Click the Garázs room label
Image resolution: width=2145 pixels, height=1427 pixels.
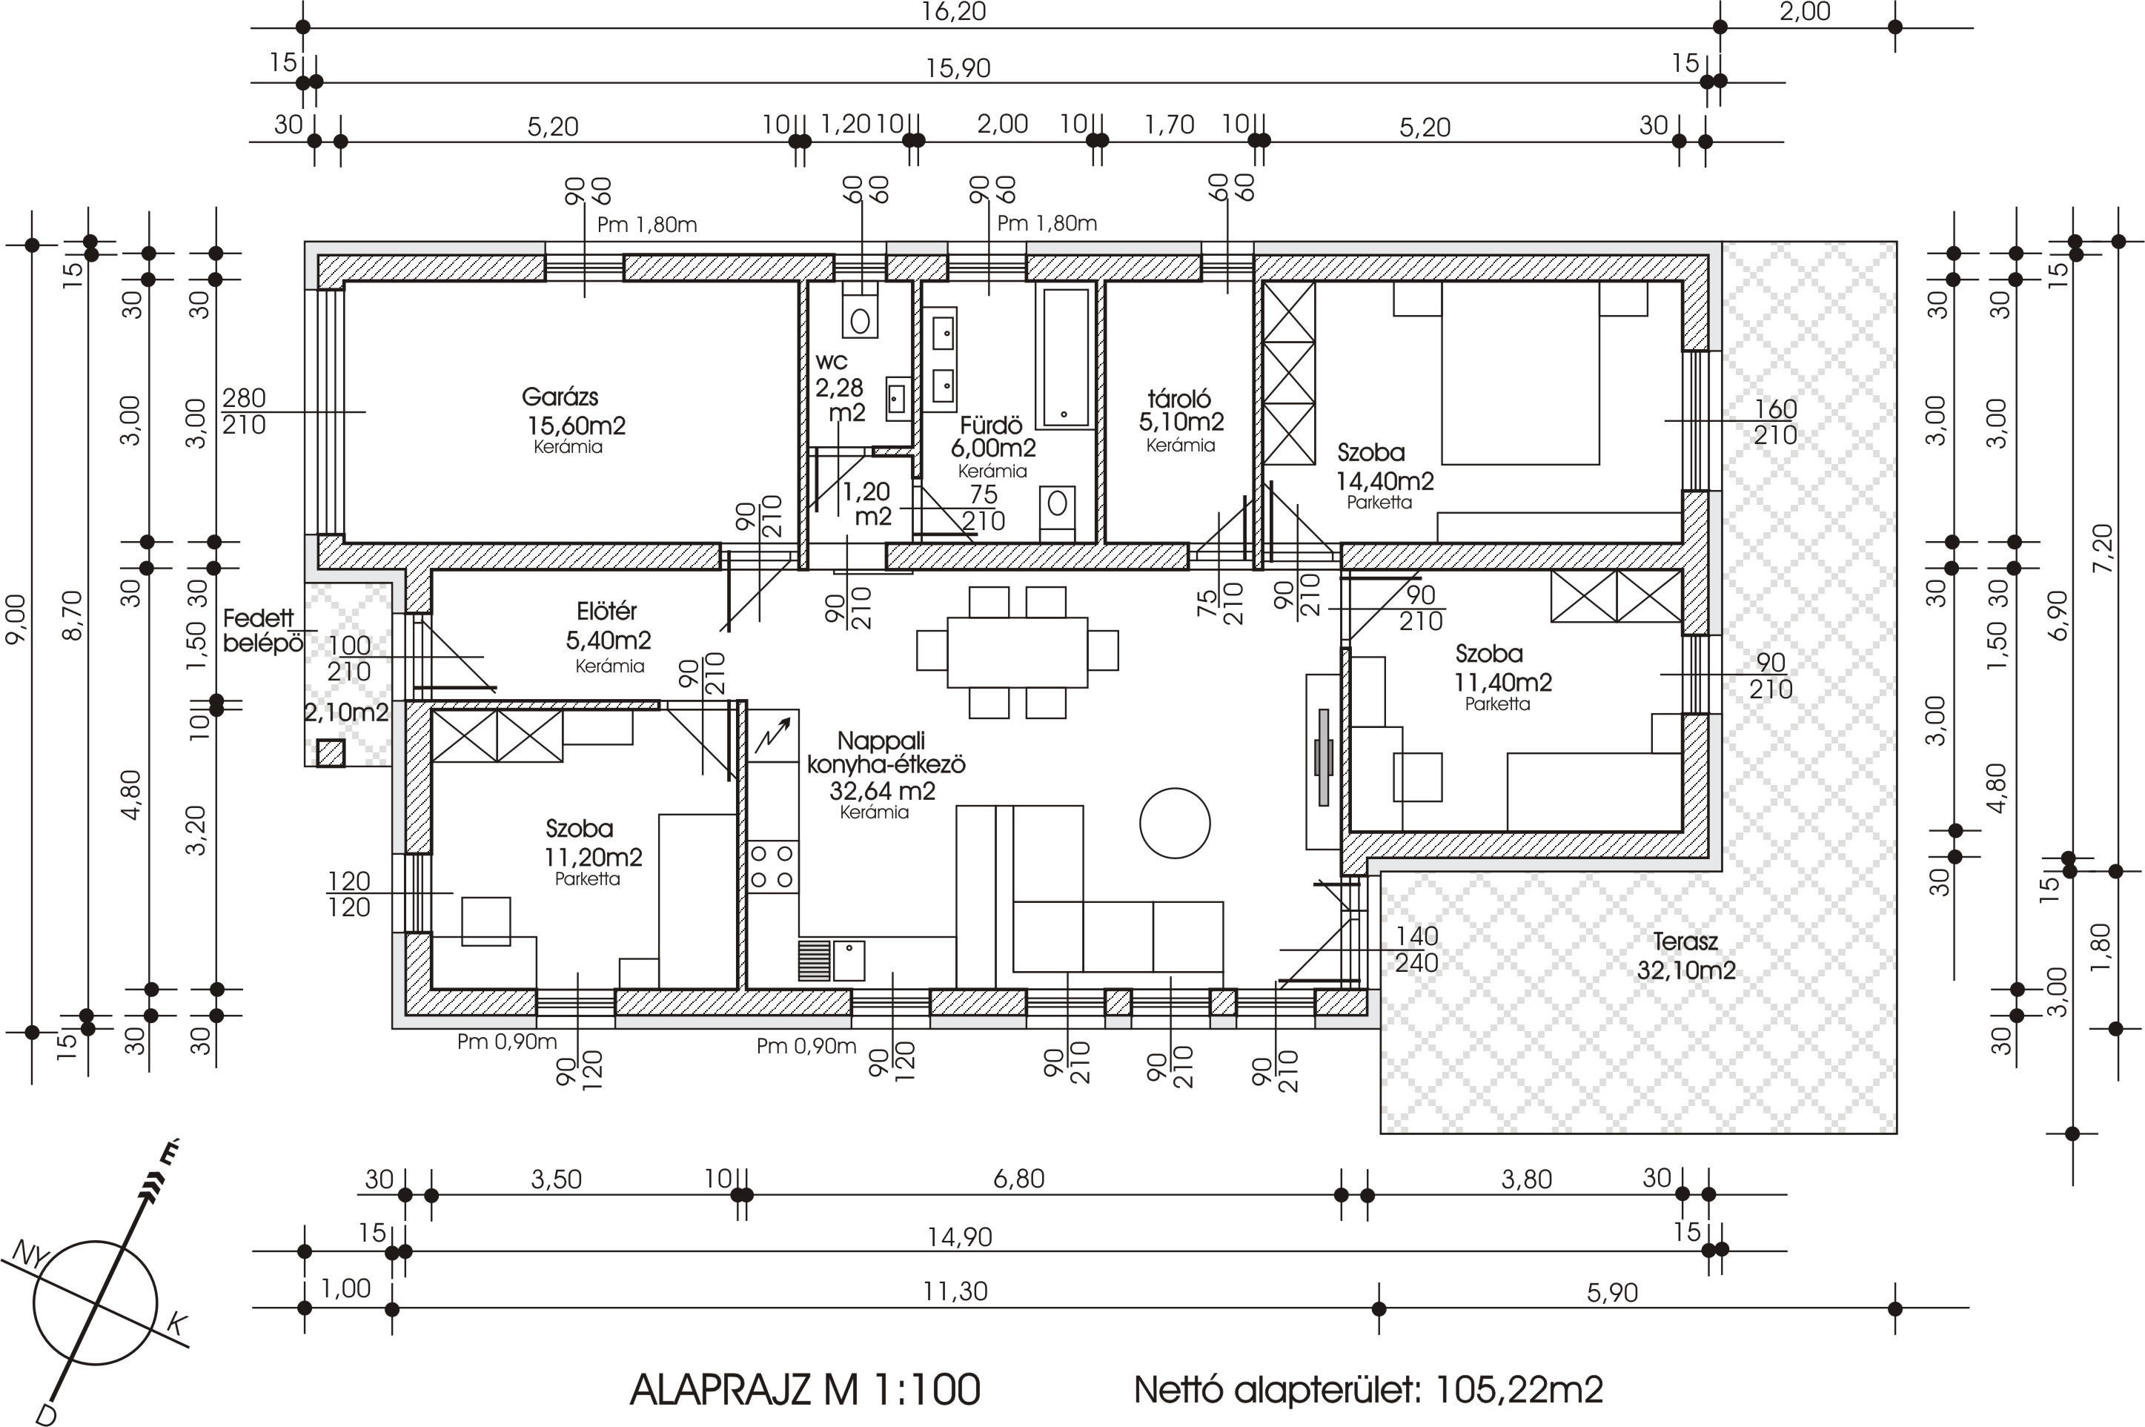click(x=560, y=397)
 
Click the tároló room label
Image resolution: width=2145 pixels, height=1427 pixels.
click(x=1179, y=399)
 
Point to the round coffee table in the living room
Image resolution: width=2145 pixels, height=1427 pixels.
click(x=1174, y=823)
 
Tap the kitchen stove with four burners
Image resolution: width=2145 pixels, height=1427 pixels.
click(x=772, y=867)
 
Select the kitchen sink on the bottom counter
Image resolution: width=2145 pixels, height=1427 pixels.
click(x=848, y=960)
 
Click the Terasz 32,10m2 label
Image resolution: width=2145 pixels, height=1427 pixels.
click(x=1685, y=956)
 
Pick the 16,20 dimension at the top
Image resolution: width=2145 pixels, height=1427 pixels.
click(x=953, y=12)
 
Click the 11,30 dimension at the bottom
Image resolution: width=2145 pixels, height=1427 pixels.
click(x=955, y=1291)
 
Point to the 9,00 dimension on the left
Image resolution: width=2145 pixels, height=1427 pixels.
click(x=16, y=620)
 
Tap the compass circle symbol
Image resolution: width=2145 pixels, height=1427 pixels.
click(x=96, y=1302)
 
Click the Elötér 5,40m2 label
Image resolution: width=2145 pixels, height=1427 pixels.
click(x=608, y=626)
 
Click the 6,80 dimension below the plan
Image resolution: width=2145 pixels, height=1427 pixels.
click(x=1019, y=1179)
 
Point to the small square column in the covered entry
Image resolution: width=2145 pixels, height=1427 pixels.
click(x=331, y=752)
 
